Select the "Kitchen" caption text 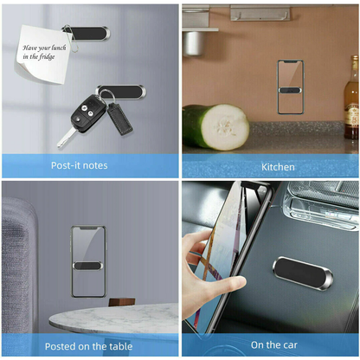click(278, 166)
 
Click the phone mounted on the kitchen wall click(290, 87)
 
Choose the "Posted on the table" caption click(90, 346)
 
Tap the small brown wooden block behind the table click(122, 303)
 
